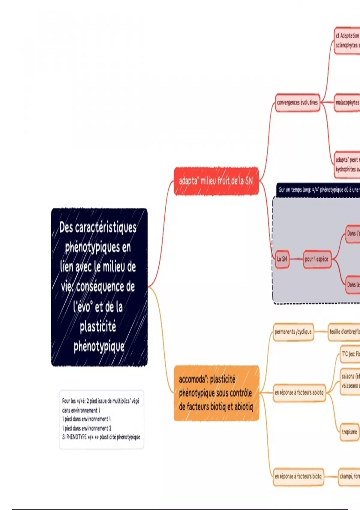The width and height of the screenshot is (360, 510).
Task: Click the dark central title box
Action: click(x=99, y=287)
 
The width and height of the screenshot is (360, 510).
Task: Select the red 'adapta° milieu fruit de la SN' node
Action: click(x=216, y=181)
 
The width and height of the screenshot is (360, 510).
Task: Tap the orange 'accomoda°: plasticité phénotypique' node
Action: click(x=216, y=393)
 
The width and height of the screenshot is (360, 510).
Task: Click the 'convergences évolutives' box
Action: click(x=297, y=103)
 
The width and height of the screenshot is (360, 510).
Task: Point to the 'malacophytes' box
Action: click(x=347, y=103)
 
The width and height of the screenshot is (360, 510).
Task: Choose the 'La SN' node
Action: click(x=282, y=259)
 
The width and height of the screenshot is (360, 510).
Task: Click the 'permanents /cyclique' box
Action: click(x=293, y=332)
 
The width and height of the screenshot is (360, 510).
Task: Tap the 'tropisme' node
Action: click(x=349, y=432)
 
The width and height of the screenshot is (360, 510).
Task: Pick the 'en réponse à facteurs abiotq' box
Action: click(x=299, y=392)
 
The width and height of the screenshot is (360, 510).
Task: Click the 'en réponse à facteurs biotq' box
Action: click(x=298, y=476)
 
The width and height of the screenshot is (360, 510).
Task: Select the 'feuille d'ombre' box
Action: click(x=344, y=332)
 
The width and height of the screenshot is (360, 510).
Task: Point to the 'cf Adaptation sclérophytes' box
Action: click(x=347, y=40)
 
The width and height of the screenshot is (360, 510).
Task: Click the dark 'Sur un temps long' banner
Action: click(x=318, y=190)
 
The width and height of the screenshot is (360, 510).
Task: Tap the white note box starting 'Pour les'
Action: click(x=101, y=419)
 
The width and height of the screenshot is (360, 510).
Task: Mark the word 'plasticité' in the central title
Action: click(x=98, y=326)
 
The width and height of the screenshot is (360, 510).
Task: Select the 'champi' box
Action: click(x=349, y=476)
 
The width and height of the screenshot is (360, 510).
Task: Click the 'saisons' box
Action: click(x=350, y=381)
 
